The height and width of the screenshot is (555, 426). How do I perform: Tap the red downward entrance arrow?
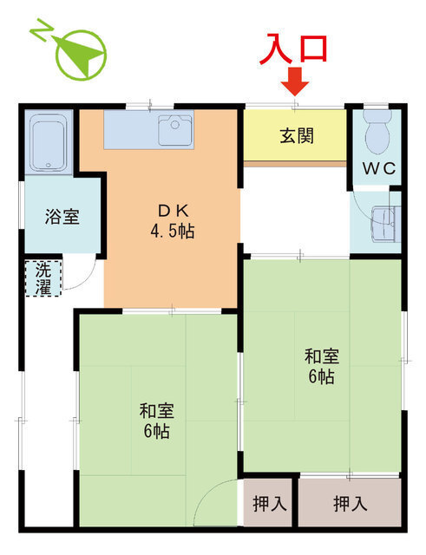297,82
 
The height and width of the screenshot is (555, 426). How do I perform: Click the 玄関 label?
297,136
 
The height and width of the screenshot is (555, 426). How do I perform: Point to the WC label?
379,169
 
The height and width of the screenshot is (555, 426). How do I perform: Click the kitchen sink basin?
175,130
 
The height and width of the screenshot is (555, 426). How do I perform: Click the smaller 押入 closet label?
269,503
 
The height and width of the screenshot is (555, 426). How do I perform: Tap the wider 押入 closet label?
350,503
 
